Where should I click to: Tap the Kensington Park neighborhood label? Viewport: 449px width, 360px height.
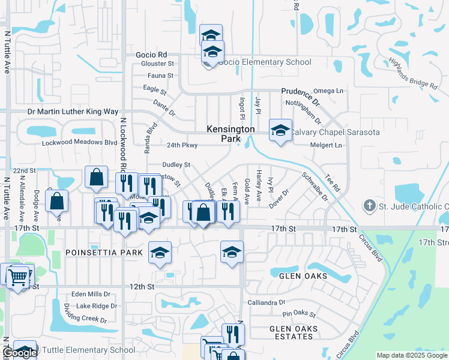[x=231, y=134]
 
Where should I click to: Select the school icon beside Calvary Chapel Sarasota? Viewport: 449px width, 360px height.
[x=280, y=130]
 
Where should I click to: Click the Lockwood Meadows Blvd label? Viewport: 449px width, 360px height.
[x=79, y=143]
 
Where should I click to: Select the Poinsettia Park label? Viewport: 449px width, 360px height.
[x=104, y=253]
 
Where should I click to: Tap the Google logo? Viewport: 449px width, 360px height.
[x=19, y=353]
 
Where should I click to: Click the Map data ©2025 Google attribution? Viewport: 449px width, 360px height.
[x=412, y=356]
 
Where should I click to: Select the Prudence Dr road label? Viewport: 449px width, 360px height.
[x=301, y=94]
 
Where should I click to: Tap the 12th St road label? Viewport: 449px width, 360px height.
[x=142, y=287]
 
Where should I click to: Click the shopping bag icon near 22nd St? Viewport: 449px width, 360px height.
[x=96, y=177]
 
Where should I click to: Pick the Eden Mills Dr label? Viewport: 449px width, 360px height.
[x=91, y=294]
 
